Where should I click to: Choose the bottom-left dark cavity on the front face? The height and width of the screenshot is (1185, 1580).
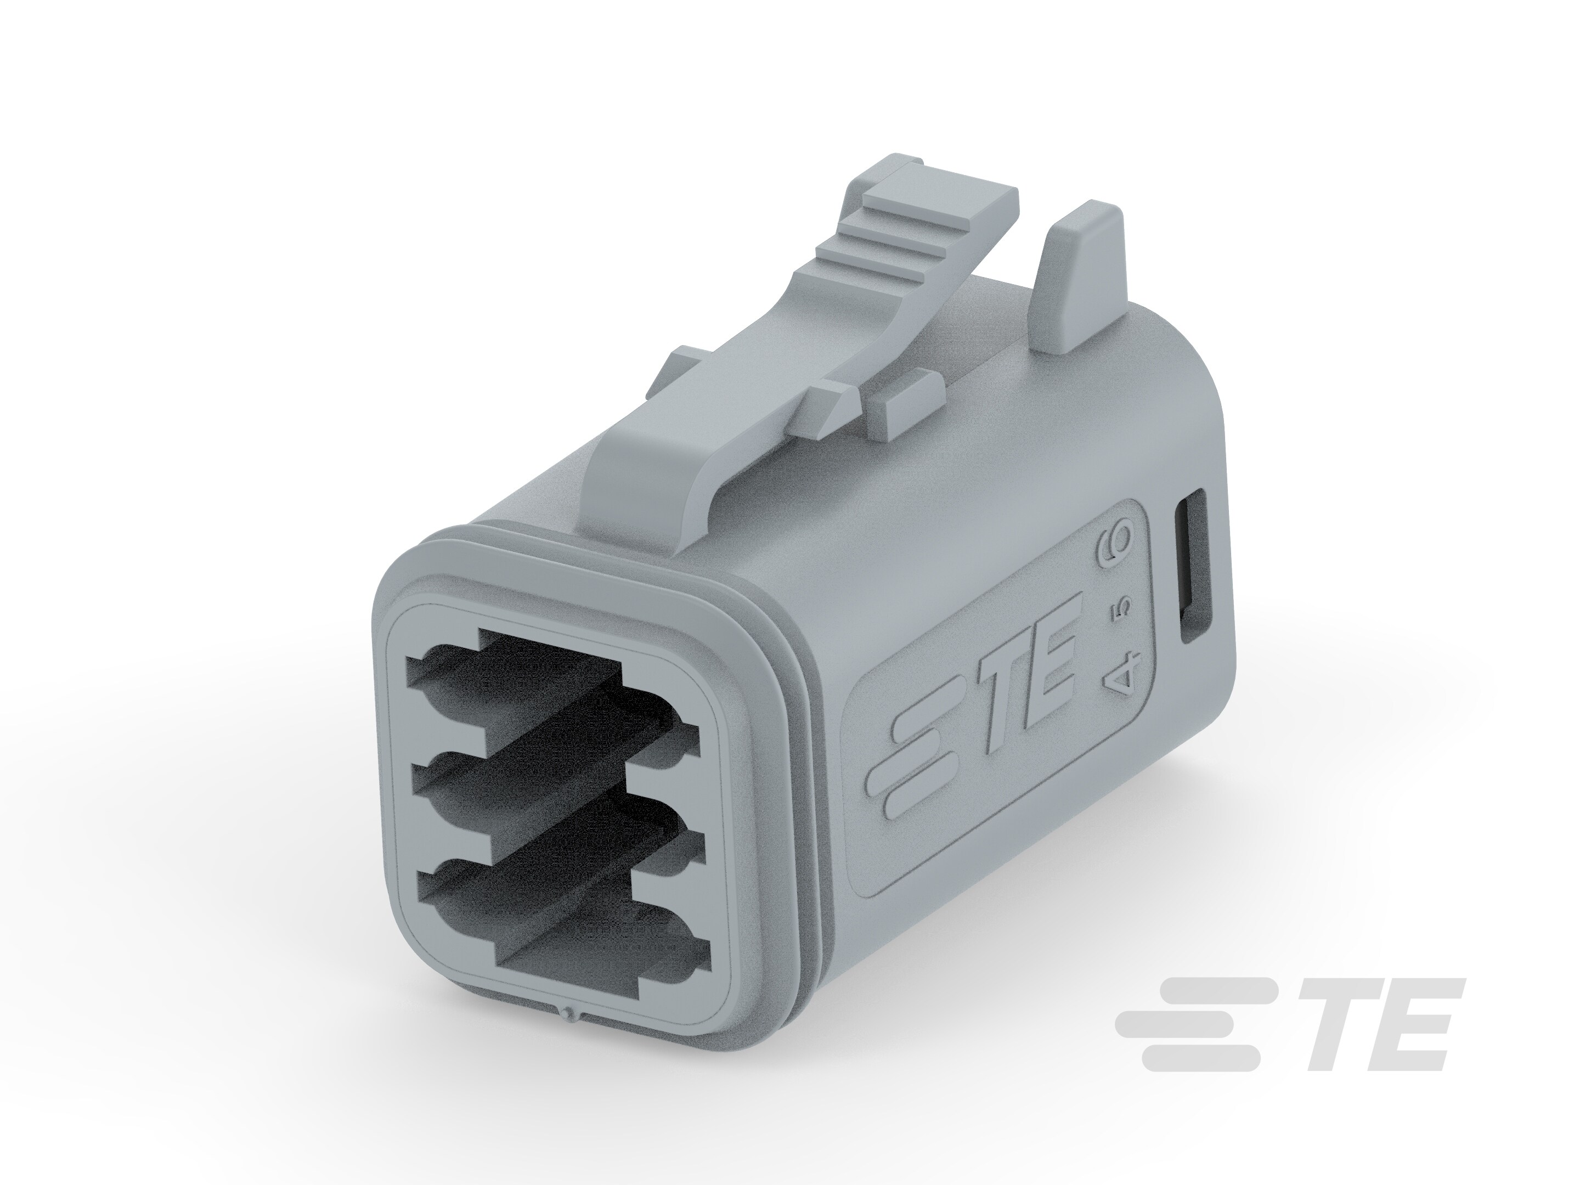(457, 885)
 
